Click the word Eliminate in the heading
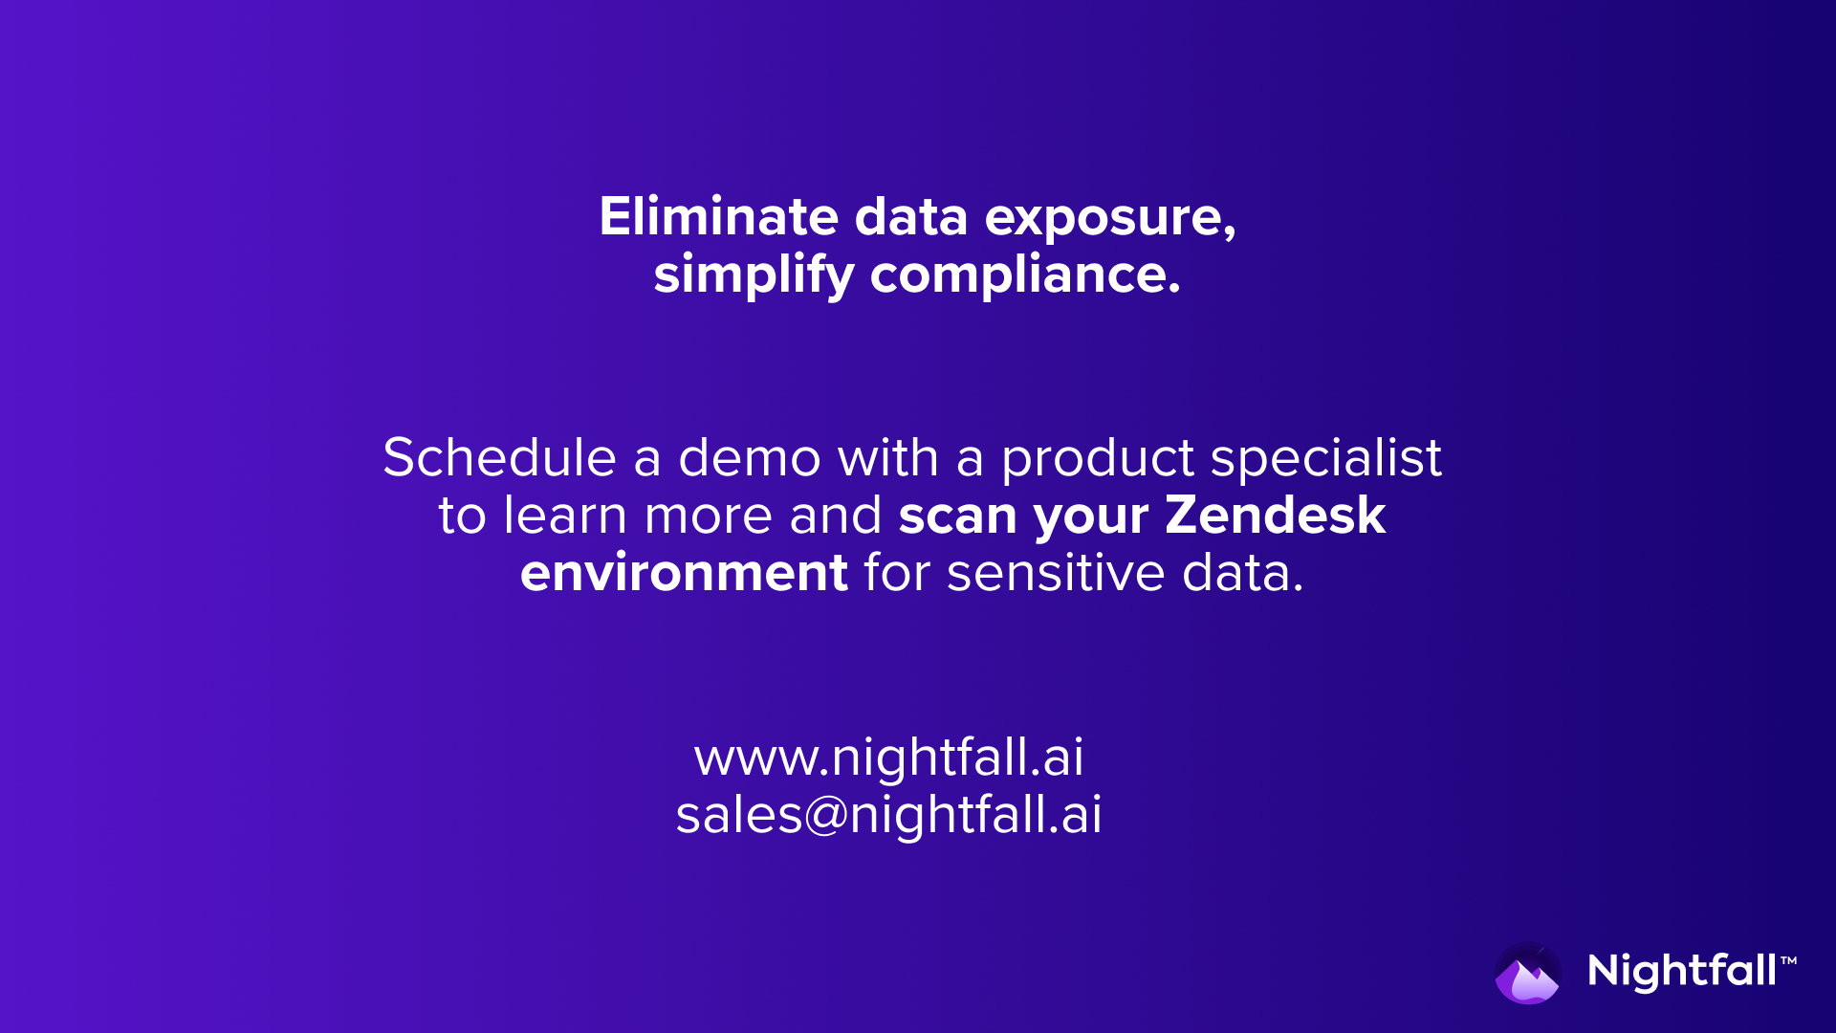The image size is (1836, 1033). [x=718, y=216]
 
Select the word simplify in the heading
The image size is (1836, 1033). [x=754, y=275]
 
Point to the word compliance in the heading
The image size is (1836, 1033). [x=1025, y=275]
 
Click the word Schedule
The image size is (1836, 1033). [x=499, y=457]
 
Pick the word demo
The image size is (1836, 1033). [x=749, y=457]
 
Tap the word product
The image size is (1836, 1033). [x=1097, y=461]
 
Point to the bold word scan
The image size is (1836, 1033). [x=957, y=516]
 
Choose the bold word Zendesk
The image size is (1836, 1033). [x=1276, y=515]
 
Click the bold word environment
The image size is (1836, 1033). [x=684, y=573]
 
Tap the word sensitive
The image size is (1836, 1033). [x=1056, y=573]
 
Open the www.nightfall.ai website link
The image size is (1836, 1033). [x=889, y=758]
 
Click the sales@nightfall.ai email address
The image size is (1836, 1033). [x=889, y=815]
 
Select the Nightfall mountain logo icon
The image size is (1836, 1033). [x=1527, y=974]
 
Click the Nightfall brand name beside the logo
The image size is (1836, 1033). [x=1682, y=972]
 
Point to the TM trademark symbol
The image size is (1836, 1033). [x=1788, y=960]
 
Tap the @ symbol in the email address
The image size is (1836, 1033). [x=826, y=816]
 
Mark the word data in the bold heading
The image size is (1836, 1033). [x=911, y=216]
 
